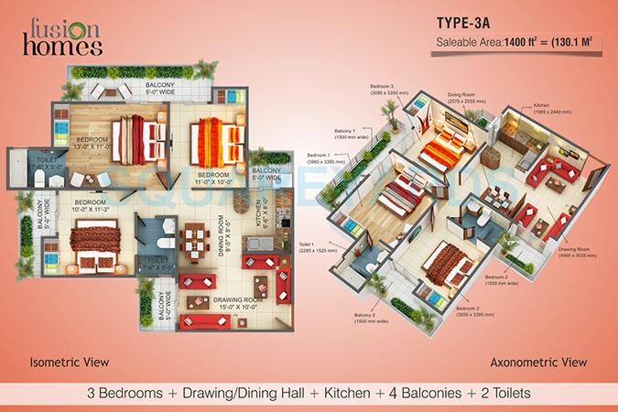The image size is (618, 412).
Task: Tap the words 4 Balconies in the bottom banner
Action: [x=398, y=393]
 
